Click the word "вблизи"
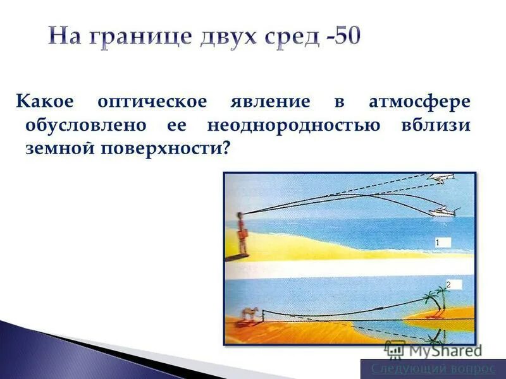(x=435, y=124)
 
